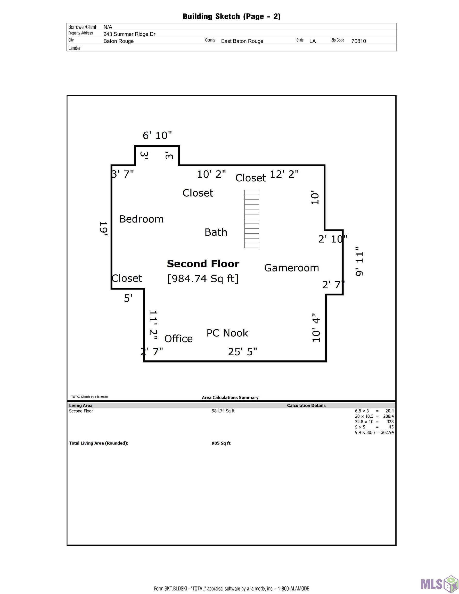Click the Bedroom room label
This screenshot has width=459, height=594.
point(142,219)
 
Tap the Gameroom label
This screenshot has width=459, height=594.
point(291,268)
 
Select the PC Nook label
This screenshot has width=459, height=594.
point(227,333)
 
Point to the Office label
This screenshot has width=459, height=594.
point(178,339)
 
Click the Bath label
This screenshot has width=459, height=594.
point(216,232)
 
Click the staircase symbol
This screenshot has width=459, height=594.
point(252,219)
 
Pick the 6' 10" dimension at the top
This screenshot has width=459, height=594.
point(157,135)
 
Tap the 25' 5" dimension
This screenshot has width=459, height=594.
point(242,352)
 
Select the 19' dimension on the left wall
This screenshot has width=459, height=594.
point(103,228)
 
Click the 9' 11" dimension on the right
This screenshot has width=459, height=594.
point(359,262)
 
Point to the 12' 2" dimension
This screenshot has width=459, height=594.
point(284,174)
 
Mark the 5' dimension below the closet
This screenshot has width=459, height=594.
point(128,298)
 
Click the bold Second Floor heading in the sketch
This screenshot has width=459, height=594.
point(203,264)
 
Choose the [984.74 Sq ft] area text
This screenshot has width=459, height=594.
point(203,278)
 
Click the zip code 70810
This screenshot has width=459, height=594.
point(359,41)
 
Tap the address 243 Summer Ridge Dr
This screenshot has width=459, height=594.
point(129,34)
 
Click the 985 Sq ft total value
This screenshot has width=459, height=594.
point(221,443)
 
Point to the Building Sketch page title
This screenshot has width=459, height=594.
point(232,16)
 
